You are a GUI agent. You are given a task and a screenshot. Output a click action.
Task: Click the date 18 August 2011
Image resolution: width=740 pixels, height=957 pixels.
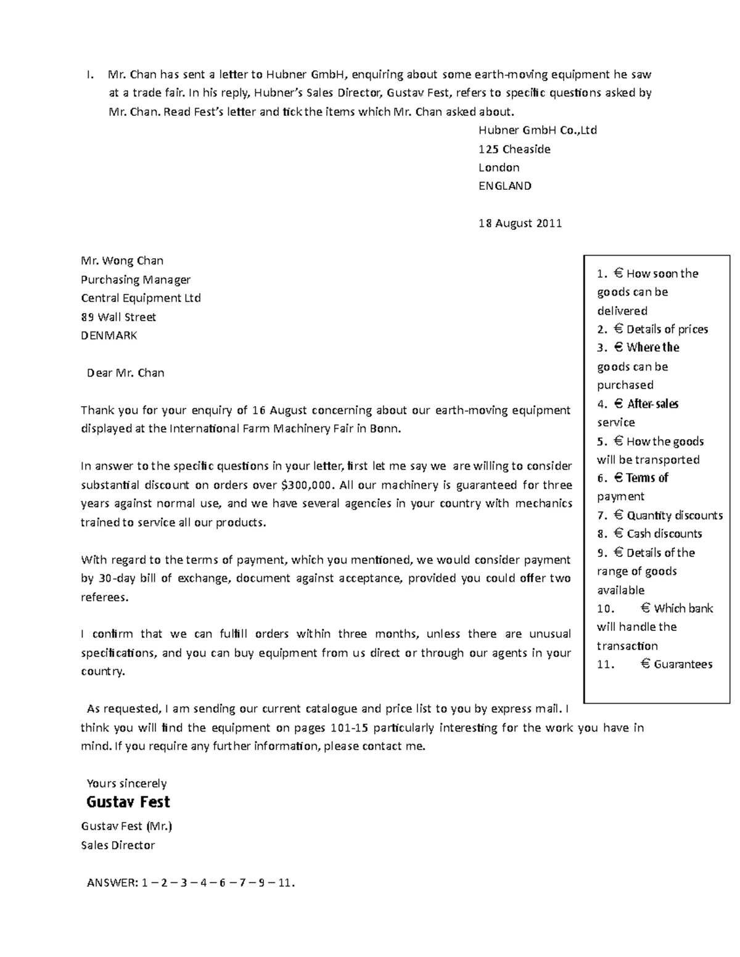tap(520, 223)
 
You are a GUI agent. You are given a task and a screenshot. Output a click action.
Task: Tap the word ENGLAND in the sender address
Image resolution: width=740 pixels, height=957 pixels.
tap(504, 185)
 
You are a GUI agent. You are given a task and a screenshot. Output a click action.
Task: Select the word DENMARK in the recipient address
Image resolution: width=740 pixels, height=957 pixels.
tap(109, 335)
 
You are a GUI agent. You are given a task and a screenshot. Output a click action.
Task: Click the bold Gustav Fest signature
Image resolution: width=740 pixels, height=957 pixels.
tap(128, 802)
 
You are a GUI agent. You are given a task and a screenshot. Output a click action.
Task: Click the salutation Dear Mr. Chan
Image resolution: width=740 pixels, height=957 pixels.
tap(125, 373)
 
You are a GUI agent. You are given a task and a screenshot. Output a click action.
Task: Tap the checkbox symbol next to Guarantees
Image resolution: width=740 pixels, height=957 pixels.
tap(645, 664)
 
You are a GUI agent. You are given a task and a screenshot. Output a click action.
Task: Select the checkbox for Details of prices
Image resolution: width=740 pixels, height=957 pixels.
tap(619, 328)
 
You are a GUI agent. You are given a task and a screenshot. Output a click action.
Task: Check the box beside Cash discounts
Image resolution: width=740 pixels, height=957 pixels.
tap(619, 533)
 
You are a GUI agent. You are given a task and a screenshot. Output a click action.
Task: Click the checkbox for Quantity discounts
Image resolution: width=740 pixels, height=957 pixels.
tap(619, 515)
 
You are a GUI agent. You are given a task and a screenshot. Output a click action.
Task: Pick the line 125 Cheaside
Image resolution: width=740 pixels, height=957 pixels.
tap(514, 149)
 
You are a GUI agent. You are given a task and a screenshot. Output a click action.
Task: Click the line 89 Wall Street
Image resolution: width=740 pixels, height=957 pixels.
tap(118, 317)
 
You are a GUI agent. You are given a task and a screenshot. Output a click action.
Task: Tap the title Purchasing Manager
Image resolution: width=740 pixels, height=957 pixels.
tap(136, 279)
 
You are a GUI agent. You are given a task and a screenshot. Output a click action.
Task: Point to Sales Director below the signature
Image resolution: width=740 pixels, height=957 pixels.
tap(118, 845)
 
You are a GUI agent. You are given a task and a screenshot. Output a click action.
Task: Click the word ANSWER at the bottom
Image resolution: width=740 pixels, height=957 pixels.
tap(112, 882)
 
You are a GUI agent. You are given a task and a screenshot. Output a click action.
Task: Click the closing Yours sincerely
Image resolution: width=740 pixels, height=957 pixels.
tap(126, 783)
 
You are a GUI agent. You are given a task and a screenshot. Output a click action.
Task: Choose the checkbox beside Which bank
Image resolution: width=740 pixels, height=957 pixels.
tap(645, 608)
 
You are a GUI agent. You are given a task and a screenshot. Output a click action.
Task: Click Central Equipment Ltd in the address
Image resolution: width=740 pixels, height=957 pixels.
tap(141, 298)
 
